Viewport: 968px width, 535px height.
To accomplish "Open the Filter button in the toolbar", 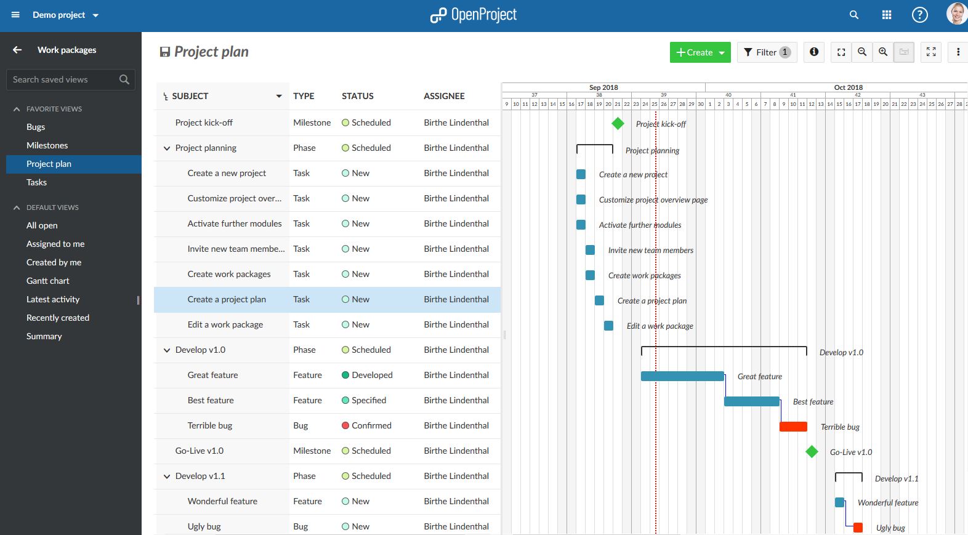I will pos(766,52).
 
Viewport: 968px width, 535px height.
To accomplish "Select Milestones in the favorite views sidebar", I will pos(47,145).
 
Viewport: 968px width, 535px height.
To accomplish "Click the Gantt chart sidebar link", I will pos(48,281).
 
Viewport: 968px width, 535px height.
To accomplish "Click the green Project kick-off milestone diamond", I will pos(618,123).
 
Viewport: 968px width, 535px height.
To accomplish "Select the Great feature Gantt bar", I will pos(682,376).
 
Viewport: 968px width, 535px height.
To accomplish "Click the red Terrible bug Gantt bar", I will pos(793,427).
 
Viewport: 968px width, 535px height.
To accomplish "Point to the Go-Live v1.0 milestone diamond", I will pos(812,452).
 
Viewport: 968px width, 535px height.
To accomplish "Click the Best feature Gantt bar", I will pos(751,401).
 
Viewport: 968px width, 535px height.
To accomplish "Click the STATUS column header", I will pos(358,96).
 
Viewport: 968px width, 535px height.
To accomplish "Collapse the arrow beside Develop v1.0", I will pos(166,350).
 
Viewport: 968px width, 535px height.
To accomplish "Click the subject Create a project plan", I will pos(227,299).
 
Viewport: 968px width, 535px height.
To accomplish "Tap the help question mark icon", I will pos(919,15).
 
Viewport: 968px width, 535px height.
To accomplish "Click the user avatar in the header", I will pos(956,14).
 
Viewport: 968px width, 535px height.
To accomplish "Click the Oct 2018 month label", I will pos(848,87).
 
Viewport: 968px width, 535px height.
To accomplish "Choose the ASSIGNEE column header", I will pos(444,96).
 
